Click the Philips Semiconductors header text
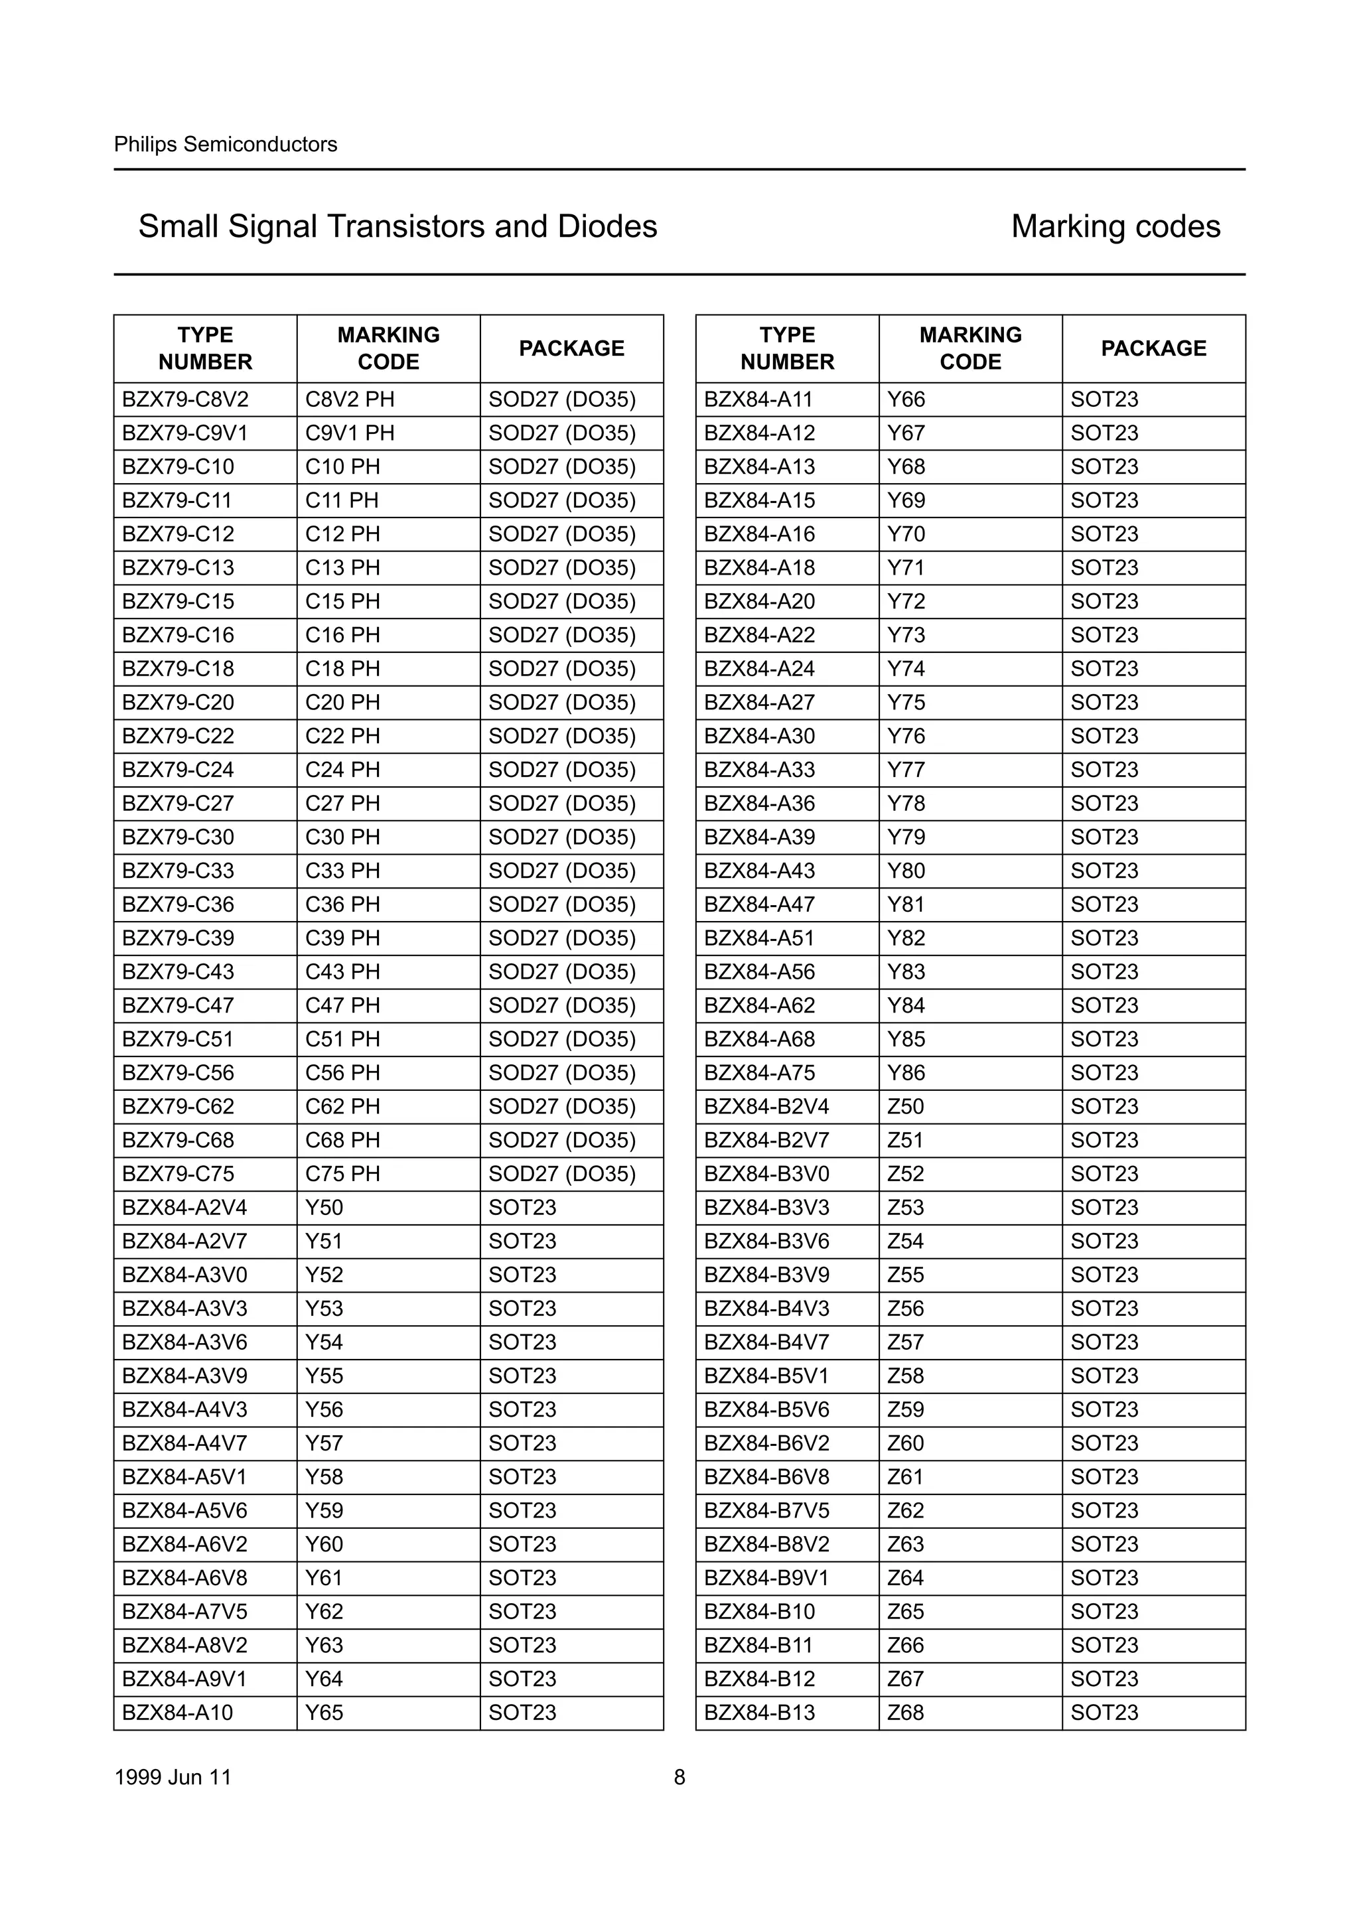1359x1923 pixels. pyautogui.click(x=225, y=144)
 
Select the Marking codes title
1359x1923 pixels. pyautogui.click(x=1115, y=226)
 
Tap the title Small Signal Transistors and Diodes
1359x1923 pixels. pyautogui.click(x=397, y=226)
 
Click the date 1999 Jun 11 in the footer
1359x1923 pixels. pyautogui.click(x=173, y=1777)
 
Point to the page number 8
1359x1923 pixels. pyautogui.click(x=679, y=1777)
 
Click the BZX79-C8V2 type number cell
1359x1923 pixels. pyautogui.click(x=185, y=399)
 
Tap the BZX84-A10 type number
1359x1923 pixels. pyautogui.click(x=178, y=1712)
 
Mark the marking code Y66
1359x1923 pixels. pyautogui.click(x=906, y=399)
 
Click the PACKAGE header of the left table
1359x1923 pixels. pyautogui.click(x=571, y=348)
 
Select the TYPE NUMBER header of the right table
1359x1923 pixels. pyautogui.click(x=787, y=348)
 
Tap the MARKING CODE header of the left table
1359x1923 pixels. pyautogui.click(x=389, y=348)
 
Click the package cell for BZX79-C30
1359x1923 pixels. pyautogui.click(x=562, y=837)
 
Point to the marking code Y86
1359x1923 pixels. pyautogui.click(x=906, y=1073)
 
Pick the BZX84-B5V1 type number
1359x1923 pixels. pyautogui.click(x=766, y=1376)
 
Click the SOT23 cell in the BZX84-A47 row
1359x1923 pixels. pyautogui.click(x=1104, y=904)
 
